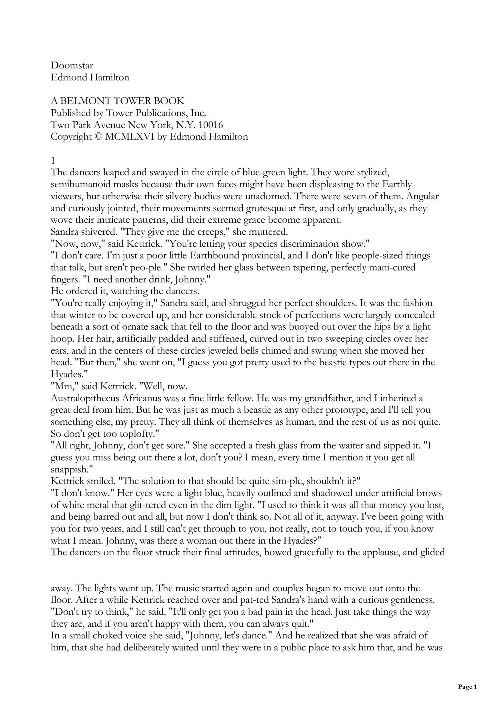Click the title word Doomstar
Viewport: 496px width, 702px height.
tap(72, 65)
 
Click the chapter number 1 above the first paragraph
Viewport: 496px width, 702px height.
tap(53, 160)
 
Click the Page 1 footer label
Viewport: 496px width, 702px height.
tap(467, 687)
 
